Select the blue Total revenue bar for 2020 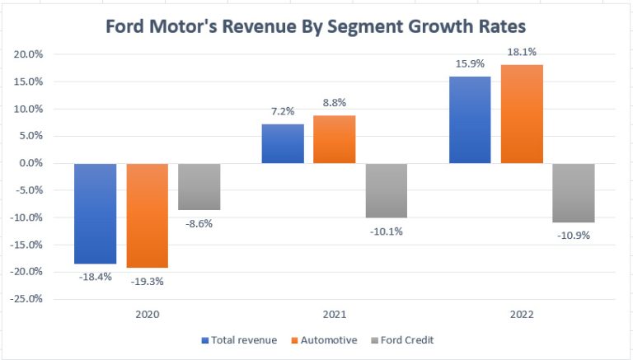[x=95, y=213]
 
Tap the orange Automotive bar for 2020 [x=147, y=215]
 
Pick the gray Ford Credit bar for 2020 [x=199, y=186]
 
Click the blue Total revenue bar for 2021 [x=283, y=143]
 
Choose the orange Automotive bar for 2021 [x=334, y=139]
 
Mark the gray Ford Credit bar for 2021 [x=386, y=190]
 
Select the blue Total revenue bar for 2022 [x=470, y=119]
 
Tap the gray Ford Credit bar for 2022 [x=573, y=193]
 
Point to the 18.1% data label [x=522, y=53]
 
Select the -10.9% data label [x=573, y=236]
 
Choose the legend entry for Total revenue [x=240, y=339]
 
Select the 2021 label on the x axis [x=334, y=315]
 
